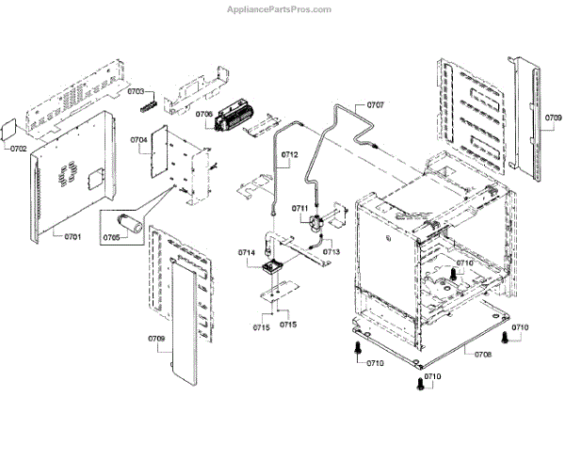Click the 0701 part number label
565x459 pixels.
pyautogui.click(x=73, y=236)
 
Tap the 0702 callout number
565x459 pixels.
pyautogui.click(x=19, y=149)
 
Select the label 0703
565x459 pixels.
pyautogui.click(x=136, y=91)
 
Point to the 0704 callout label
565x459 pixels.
pyautogui.click(x=139, y=139)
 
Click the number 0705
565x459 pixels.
pyautogui.click(x=111, y=237)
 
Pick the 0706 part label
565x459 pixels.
pyautogui.click(x=203, y=115)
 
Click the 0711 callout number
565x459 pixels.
pyautogui.click(x=300, y=208)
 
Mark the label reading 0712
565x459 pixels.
pyautogui.click(x=290, y=153)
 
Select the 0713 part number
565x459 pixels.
pyautogui.click(x=331, y=251)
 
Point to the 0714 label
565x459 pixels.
pyautogui.click(x=247, y=252)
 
